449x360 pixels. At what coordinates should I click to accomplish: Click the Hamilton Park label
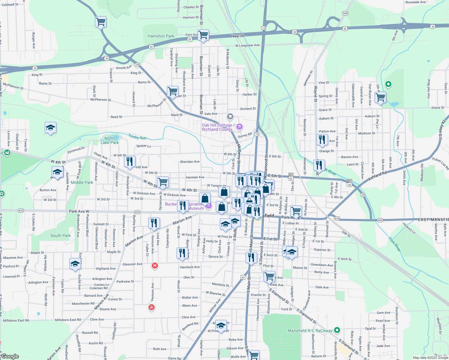point(161,36)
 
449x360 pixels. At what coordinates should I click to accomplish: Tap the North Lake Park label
point(110,140)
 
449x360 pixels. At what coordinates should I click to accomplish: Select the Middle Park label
point(82,182)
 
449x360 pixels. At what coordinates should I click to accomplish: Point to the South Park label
point(61,236)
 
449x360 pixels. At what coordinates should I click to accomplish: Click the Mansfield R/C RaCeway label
point(310,331)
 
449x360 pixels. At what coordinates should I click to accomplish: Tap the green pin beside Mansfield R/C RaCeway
point(337,330)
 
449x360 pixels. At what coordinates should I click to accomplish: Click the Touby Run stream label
point(137,137)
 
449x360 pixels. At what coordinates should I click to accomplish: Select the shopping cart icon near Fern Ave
point(203,35)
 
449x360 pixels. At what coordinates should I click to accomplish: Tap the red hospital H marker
point(155,265)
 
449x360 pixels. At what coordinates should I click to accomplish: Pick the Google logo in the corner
point(10,356)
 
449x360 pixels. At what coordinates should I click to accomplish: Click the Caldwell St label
point(10,4)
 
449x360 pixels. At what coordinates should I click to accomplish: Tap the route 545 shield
point(345,13)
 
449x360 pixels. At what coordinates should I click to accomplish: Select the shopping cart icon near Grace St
point(380,97)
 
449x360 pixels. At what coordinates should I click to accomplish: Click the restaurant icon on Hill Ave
point(130,161)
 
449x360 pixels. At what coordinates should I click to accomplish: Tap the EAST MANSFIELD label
point(433,220)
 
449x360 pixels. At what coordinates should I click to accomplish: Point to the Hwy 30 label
point(237,36)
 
